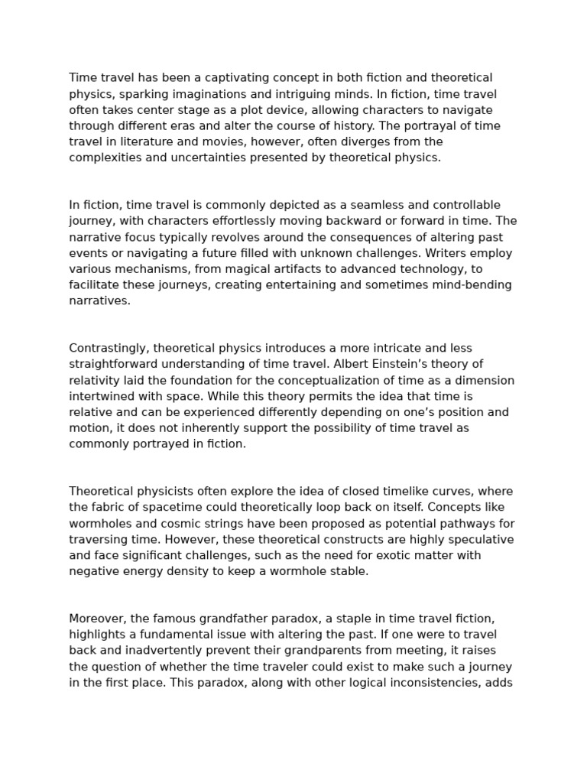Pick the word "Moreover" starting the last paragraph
pos(97,619)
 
